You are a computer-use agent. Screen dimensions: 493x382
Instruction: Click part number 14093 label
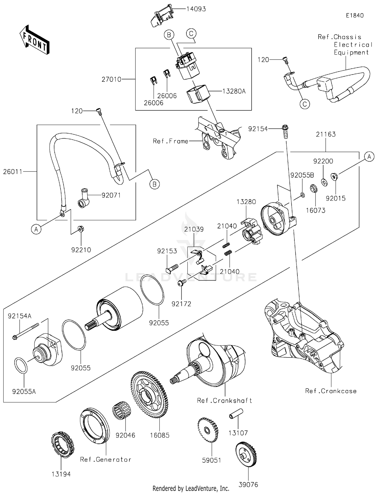tap(196, 9)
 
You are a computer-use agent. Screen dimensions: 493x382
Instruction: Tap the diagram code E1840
tap(354, 16)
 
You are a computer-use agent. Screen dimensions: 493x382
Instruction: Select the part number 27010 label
tap(111, 79)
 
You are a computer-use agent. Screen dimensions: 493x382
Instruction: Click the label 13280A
tap(234, 91)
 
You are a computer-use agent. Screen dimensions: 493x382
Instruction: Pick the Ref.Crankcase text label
tap(331, 391)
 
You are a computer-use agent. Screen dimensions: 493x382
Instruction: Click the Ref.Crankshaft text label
tap(224, 401)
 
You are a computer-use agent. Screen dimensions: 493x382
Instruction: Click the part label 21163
tap(326, 134)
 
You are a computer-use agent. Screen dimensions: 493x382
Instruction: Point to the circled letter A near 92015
tap(369, 157)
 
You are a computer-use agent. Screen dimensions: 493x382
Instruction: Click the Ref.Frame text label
tap(170, 141)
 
